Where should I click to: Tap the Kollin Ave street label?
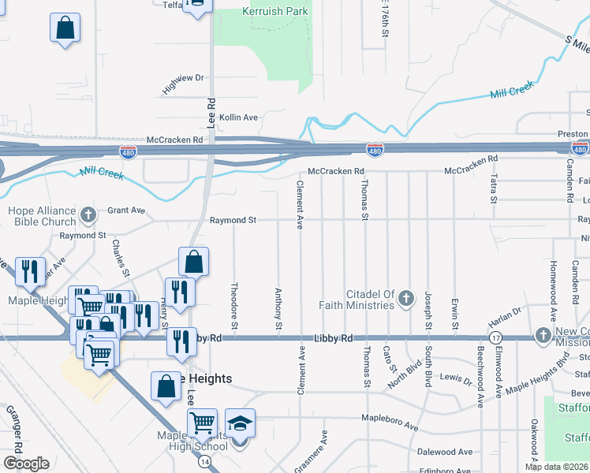click(x=239, y=117)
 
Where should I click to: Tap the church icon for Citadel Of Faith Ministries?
click(x=406, y=298)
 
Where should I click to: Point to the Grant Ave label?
click(x=126, y=210)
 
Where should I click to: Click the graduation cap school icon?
click(x=240, y=422)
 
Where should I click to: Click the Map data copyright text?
click(x=557, y=467)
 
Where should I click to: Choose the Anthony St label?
click(x=278, y=308)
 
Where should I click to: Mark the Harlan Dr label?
click(x=505, y=317)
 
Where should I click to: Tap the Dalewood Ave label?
click(x=446, y=452)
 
